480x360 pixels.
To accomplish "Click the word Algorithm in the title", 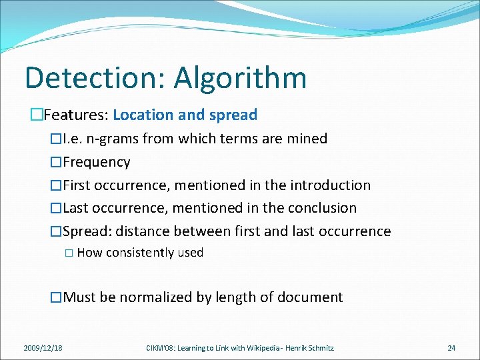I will [x=241, y=78].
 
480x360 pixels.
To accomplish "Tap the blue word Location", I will [x=141, y=115].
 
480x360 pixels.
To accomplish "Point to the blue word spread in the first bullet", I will [x=233, y=115].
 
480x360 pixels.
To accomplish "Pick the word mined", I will [x=307, y=139].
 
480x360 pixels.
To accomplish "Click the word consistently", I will [x=139, y=253].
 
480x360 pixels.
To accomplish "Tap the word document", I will [x=312, y=297].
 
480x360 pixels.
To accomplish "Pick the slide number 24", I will [x=451, y=347].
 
